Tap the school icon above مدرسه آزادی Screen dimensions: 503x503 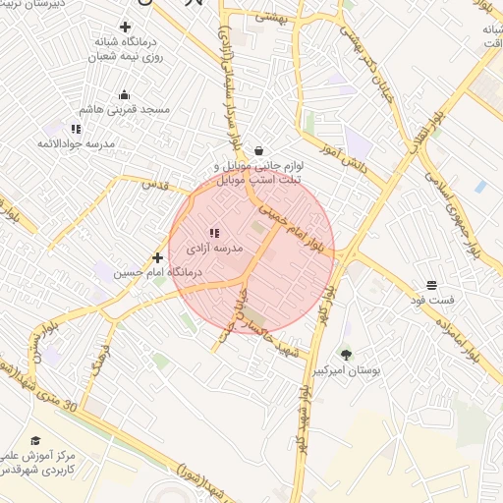click(x=214, y=233)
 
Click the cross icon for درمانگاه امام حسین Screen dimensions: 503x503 click(x=157, y=257)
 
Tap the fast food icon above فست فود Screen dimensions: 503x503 click(x=431, y=285)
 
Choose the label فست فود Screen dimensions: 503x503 click(x=431, y=300)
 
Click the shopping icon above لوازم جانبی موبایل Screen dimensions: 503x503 click(x=257, y=151)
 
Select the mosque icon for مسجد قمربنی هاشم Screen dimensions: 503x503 click(x=125, y=95)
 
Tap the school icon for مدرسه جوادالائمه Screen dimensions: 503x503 click(x=75, y=129)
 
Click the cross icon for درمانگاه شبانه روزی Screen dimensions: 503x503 click(x=124, y=27)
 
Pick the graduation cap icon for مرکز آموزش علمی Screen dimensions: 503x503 click(x=36, y=441)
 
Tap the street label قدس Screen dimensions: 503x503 click(x=154, y=184)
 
